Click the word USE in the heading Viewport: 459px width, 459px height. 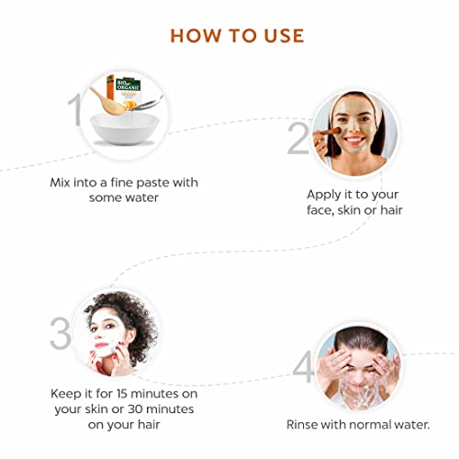coord(284,36)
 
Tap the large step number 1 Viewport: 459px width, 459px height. coord(75,109)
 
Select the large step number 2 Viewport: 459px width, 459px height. coord(298,138)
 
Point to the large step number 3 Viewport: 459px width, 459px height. coord(61,333)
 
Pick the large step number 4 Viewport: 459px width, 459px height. coord(303,367)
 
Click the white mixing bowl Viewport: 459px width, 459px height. coord(125,129)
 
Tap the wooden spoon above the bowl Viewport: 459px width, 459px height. coord(107,102)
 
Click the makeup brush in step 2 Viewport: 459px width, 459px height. coord(328,132)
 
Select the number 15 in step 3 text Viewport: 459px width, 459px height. coord(122,394)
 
